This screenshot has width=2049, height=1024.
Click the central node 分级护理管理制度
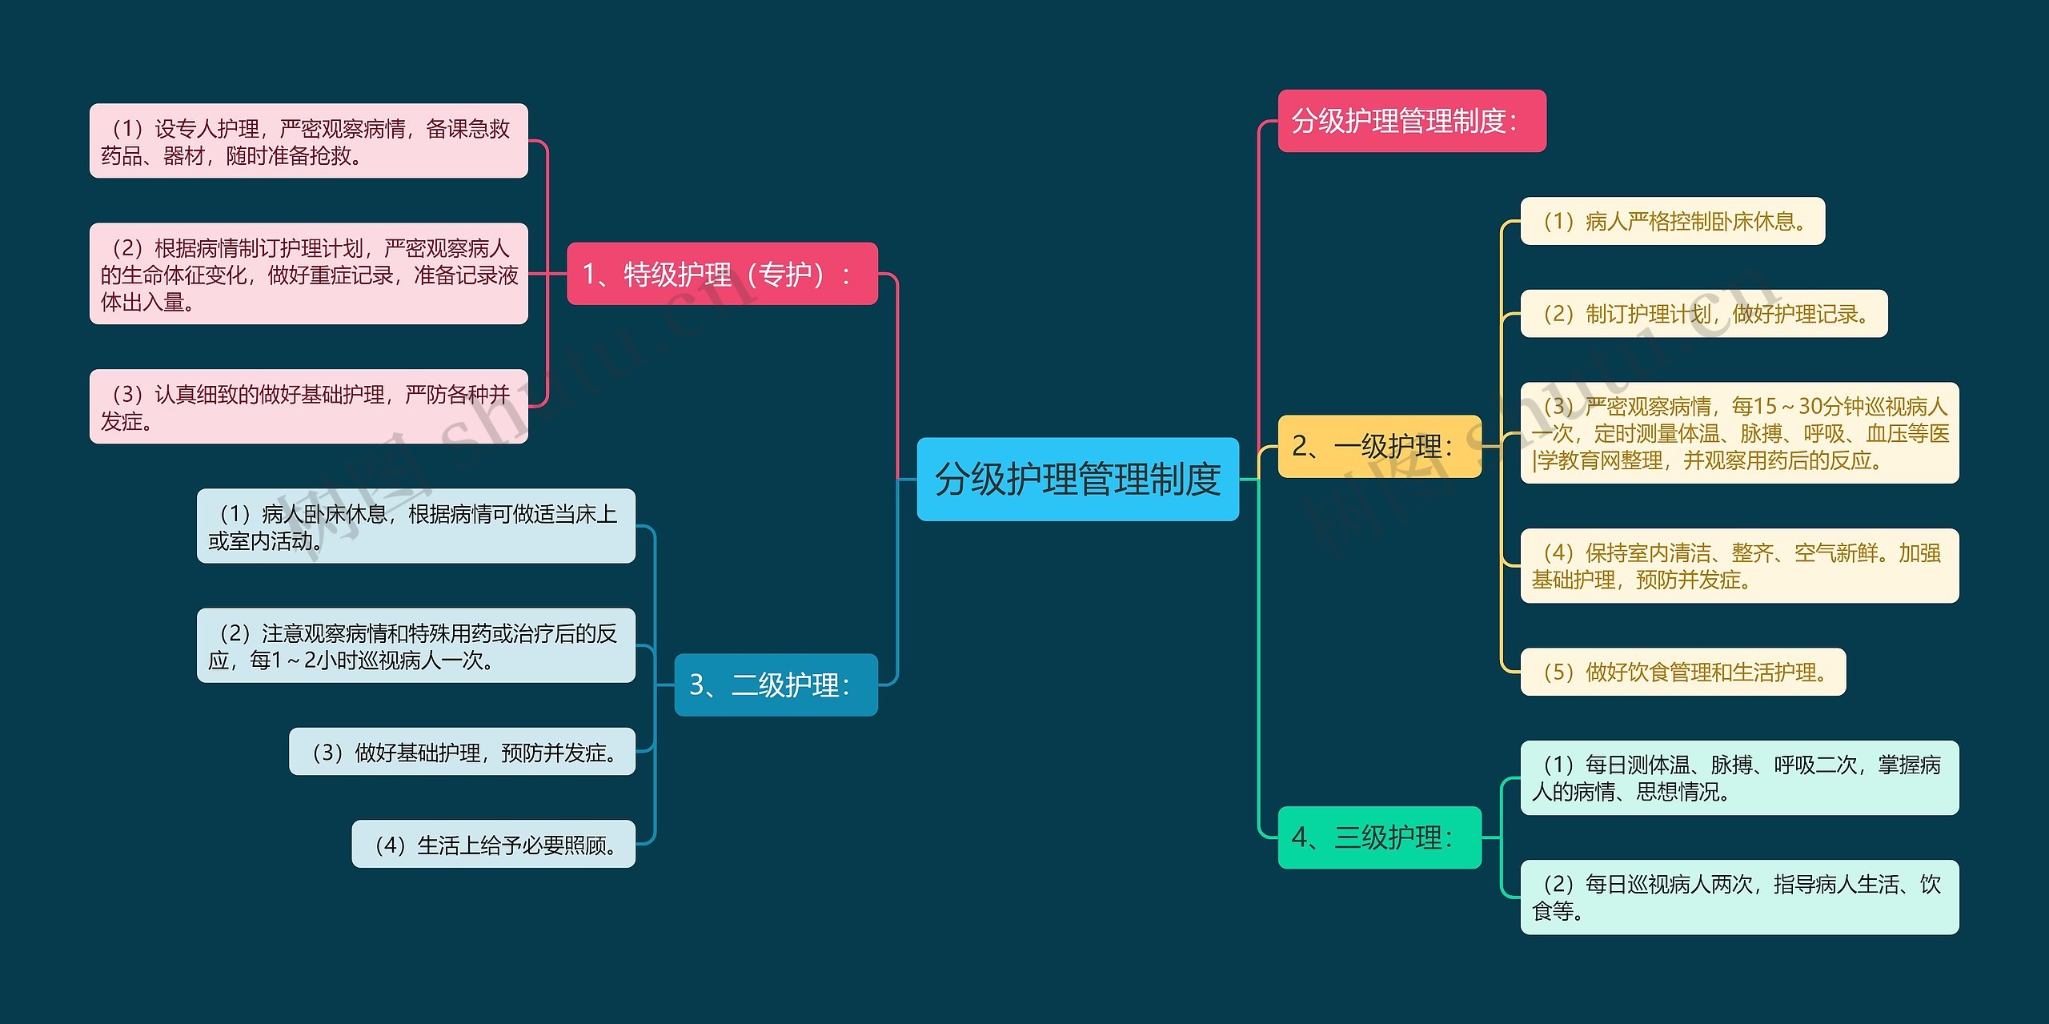tap(1077, 479)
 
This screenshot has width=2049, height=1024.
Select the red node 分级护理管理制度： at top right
tap(1411, 121)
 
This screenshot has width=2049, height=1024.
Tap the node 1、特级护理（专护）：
tap(722, 274)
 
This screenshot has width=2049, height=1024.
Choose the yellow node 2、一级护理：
tap(1379, 446)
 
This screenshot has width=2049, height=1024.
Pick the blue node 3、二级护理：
tap(776, 685)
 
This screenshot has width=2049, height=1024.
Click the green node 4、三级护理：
tap(1379, 837)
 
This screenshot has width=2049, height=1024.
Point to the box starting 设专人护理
tap(308, 141)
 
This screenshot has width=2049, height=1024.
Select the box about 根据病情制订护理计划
tap(308, 274)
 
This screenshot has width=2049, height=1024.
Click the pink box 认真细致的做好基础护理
tap(308, 407)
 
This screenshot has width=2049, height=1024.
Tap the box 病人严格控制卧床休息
tap(1672, 221)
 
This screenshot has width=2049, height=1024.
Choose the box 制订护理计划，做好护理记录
tap(1703, 314)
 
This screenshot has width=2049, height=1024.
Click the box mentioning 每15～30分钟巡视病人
tap(1739, 433)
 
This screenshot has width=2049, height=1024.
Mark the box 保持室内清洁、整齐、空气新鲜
tap(1739, 566)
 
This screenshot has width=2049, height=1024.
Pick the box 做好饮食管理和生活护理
tap(1682, 672)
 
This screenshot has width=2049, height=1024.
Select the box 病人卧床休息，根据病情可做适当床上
tap(415, 526)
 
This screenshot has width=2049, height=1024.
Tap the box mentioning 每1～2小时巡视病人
tap(415, 645)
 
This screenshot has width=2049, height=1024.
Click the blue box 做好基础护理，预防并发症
tap(462, 752)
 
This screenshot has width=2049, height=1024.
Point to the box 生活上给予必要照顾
tap(493, 844)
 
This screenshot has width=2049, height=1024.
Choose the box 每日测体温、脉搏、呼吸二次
tap(1739, 777)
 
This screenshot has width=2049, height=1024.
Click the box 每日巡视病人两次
tap(1739, 897)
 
